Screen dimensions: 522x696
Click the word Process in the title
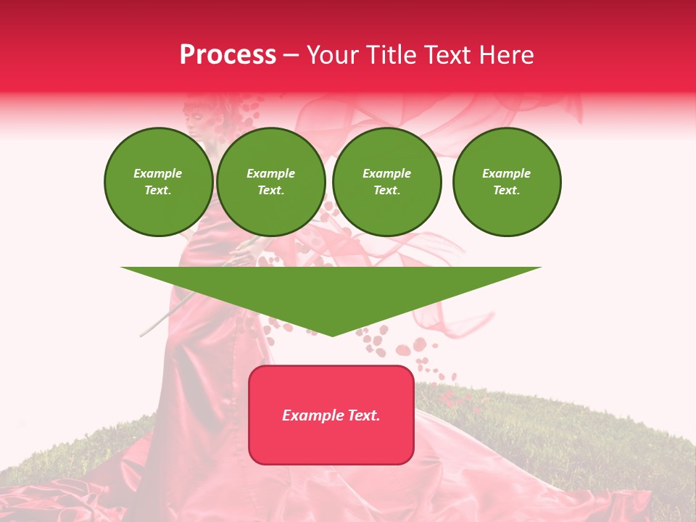click(228, 55)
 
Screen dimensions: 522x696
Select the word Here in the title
click(507, 55)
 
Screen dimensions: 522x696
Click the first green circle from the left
click(159, 182)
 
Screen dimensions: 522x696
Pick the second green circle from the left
click(271, 182)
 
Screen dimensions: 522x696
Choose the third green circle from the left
click(387, 182)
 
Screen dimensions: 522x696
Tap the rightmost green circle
click(507, 182)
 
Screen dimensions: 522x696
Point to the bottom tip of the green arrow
click(332, 336)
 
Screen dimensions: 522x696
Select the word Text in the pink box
click(364, 415)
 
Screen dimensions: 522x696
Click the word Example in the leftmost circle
click(158, 173)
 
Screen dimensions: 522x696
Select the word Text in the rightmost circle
click(506, 191)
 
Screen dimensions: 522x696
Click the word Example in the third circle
click(386, 173)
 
